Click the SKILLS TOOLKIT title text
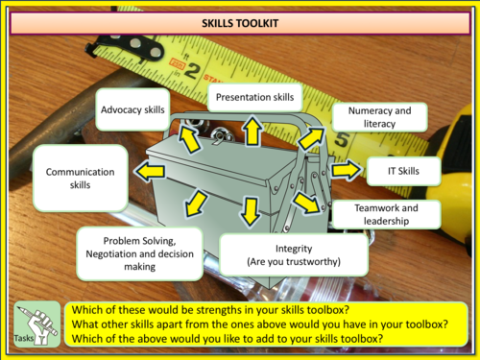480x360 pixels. pos(240,23)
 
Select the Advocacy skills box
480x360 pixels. pos(132,109)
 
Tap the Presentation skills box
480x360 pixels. pos(254,97)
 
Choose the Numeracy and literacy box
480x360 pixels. pos(379,117)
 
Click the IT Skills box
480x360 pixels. pos(403,171)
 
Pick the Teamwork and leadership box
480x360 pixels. pos(386,214)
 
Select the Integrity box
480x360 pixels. pos(294,255)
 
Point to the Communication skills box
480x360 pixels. pos(81,179)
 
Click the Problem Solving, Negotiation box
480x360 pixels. pos(140,253)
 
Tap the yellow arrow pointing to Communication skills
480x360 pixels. pos(150,171)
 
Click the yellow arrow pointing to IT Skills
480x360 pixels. pos(347,170)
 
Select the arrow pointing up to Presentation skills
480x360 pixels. pos(252,132)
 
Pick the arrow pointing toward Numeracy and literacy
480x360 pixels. pos(310,138)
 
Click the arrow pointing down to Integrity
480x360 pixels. pos(250,211)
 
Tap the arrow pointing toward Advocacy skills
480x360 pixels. pos(189,138)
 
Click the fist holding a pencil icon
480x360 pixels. pos(37,324)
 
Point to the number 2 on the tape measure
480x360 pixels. pos(191,71)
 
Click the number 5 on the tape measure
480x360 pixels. pos(342,139)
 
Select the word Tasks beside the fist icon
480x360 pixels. pos(23,338)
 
